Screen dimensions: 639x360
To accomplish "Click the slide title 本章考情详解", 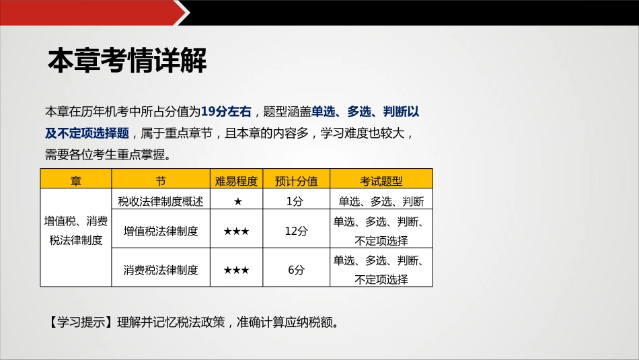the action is pos(127,61).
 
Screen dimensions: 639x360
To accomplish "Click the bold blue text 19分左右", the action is pos(226,111).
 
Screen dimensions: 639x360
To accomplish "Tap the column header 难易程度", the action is pos(236,180).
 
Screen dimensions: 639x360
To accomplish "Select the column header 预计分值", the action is pos(296,180).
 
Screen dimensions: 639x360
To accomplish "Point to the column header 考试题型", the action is pos(381,180).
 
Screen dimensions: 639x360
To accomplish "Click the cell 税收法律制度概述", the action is pos(161,201).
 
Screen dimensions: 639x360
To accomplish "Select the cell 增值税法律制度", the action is pos(161,231).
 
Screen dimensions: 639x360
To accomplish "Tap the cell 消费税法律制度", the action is pos(161,270).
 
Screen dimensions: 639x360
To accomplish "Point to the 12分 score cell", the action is pos(296,231).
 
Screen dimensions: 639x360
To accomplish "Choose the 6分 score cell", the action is pos(296,270).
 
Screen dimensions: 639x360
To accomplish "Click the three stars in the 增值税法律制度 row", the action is pos(236,231).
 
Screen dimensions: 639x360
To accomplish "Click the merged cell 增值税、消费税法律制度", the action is pos(76,231).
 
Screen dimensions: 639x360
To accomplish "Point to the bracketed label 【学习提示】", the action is pos(77,322).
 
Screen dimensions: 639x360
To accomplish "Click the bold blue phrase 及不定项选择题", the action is pos(87,133).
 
